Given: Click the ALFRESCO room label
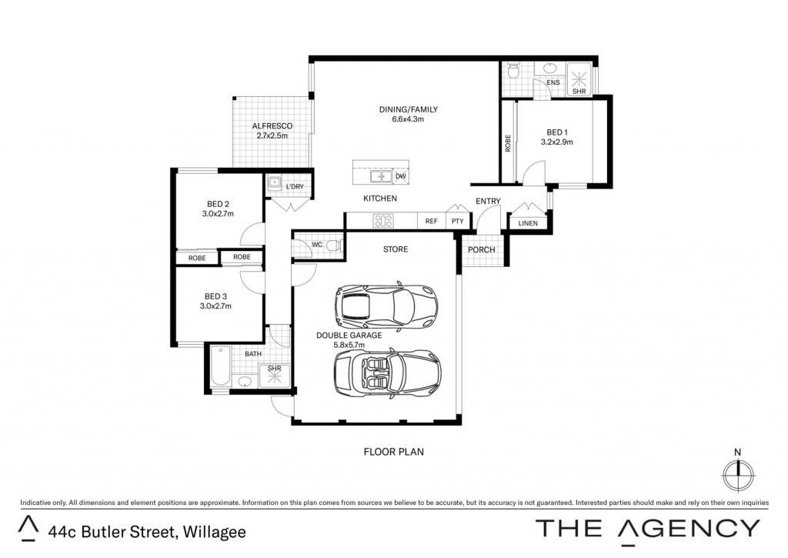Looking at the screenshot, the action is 272,125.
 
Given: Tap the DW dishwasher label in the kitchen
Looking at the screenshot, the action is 400,176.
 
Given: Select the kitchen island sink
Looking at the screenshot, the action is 381,176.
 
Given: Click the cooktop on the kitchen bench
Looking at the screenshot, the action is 383,221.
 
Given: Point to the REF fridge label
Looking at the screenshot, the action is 431,221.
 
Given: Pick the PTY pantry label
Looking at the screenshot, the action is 457,221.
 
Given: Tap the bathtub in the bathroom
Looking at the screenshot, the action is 221,366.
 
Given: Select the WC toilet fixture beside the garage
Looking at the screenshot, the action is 333,246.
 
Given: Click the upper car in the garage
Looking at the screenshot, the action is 386,306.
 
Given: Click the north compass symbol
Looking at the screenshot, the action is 738,475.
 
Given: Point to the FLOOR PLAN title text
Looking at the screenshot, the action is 393,452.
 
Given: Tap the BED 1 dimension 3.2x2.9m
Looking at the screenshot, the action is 557,142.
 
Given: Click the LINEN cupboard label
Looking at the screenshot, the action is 528,223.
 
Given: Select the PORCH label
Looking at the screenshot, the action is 482,249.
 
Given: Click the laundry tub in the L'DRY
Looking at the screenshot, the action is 274,183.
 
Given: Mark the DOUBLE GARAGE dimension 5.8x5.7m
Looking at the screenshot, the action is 349,345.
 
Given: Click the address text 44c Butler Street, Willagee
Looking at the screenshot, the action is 147,532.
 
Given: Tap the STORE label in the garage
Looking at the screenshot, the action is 396,249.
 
